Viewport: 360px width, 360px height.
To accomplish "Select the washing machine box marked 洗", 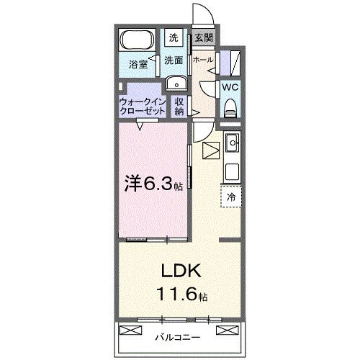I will coord(174,37).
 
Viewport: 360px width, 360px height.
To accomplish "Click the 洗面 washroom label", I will coord(174,60).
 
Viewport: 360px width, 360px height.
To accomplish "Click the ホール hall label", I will coord(202,60).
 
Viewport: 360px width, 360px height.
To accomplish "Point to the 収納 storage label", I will coord(179,107).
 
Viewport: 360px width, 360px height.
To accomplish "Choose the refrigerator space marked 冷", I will coord(232,196).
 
